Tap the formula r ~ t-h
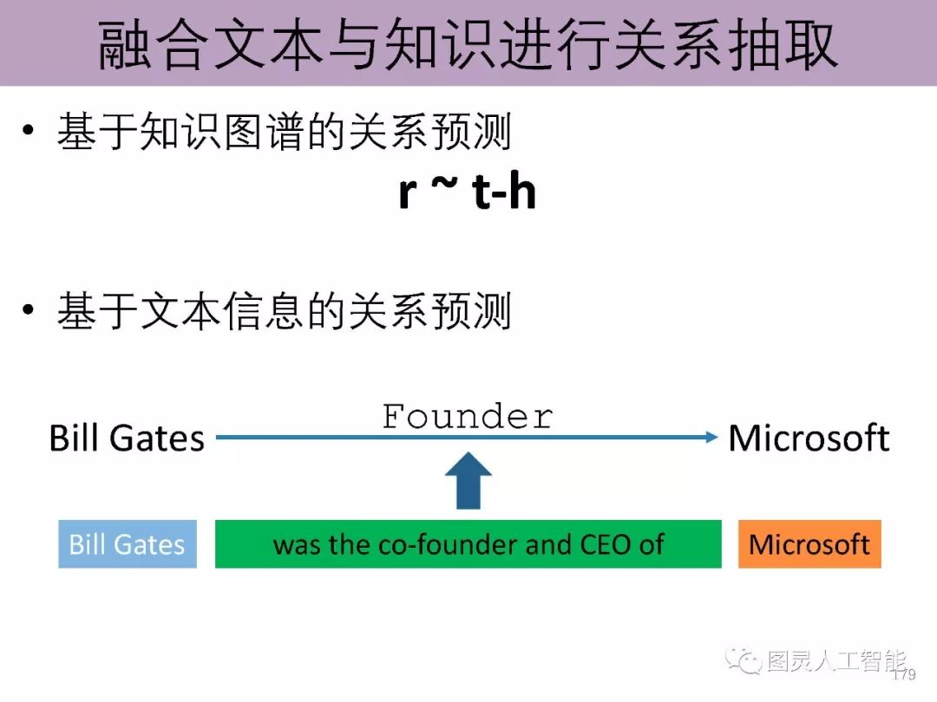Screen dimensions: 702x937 467,192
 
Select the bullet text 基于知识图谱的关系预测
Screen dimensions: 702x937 284,134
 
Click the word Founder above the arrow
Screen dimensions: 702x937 468,417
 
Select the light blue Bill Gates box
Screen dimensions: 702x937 128,544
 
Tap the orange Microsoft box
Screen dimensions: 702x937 809,544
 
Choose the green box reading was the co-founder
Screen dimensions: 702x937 468,544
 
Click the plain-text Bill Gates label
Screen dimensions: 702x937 127,438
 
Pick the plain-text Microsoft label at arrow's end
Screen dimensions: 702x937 809,438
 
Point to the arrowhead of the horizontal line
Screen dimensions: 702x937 711,437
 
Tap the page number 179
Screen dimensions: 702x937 904,674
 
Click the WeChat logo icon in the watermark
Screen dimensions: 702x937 744,661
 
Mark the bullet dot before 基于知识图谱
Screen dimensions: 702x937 30,133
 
